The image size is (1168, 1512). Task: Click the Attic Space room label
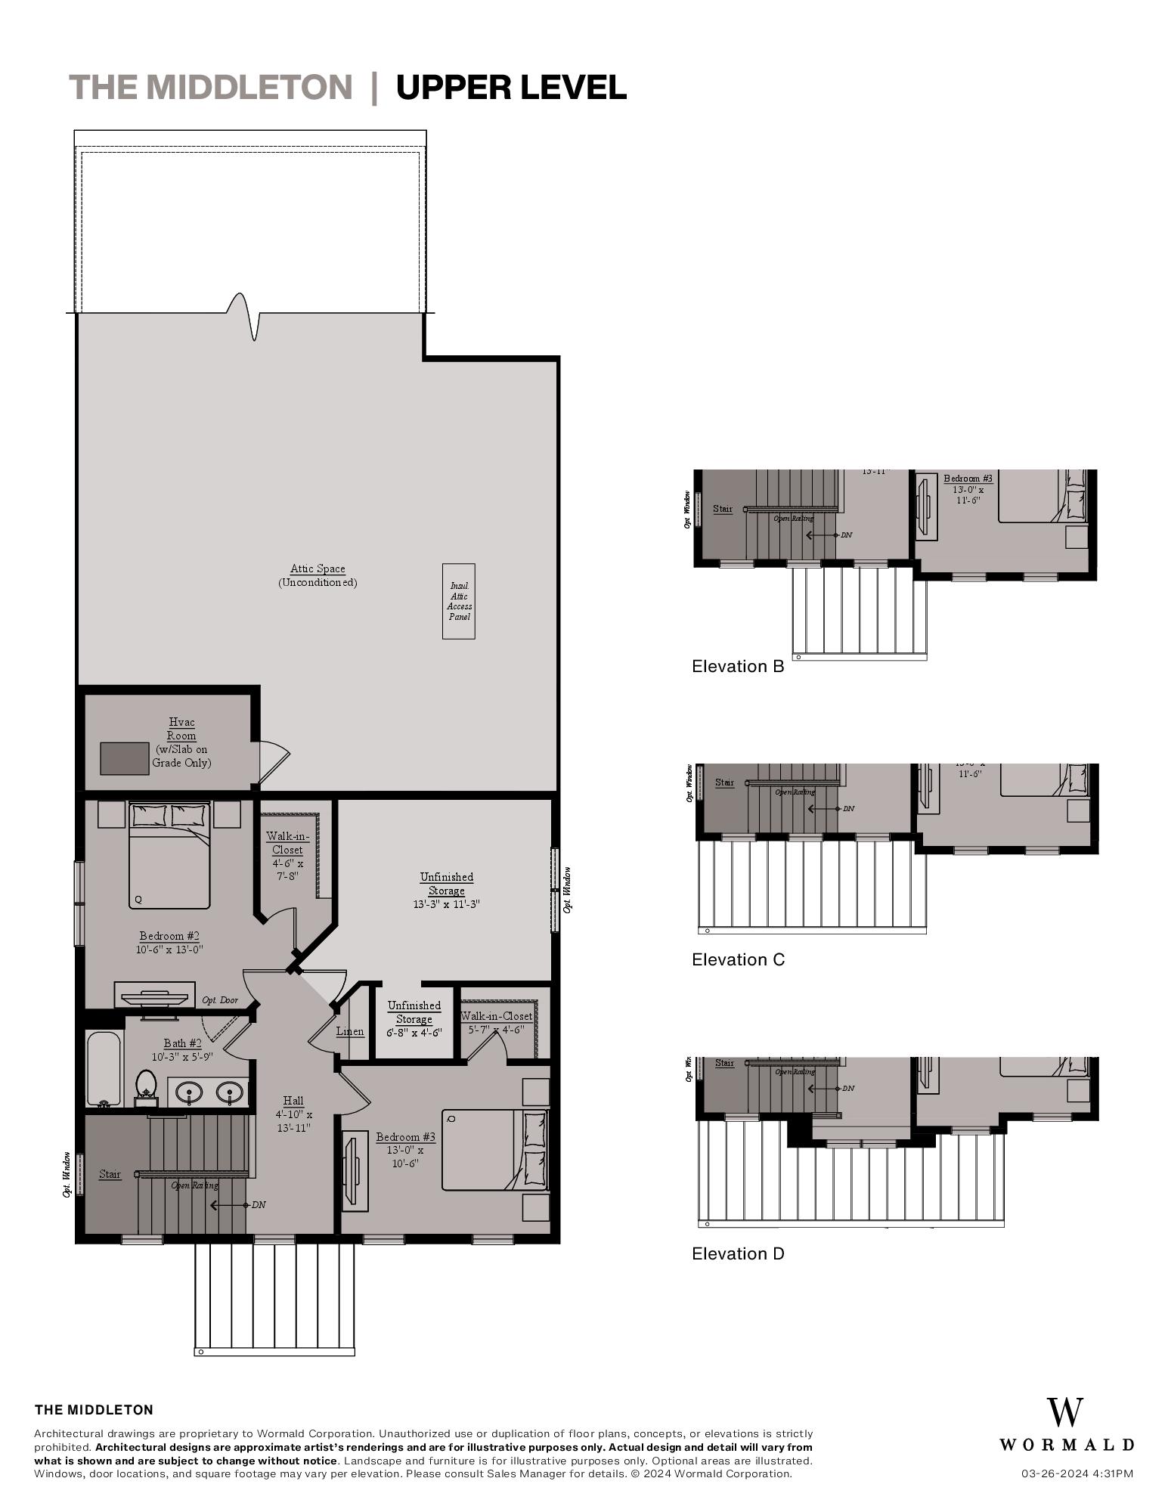318,569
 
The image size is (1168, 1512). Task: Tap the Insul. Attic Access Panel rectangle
459,601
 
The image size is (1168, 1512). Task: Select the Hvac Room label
181,729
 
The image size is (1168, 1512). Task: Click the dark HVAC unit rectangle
125,758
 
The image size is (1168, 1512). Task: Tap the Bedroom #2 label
169,936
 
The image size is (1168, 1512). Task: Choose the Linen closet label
350,1031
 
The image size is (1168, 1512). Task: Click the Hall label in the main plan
293,1101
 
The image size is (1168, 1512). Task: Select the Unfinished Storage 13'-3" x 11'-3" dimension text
446,904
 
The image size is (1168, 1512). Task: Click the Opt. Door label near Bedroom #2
220,1000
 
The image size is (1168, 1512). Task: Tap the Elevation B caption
738,666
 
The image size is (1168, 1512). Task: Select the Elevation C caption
738,959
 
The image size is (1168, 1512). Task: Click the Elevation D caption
738,1253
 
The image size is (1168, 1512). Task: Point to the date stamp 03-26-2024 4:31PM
1077,1473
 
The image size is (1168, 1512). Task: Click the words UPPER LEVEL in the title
511,88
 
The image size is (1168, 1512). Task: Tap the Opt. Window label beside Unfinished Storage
568,889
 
